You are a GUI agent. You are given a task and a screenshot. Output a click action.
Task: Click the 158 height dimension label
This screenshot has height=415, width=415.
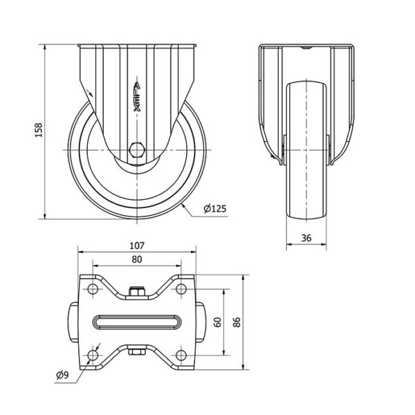[x=39, y=130]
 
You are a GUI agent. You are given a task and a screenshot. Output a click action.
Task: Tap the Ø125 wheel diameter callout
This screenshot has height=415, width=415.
[x=215, y=209]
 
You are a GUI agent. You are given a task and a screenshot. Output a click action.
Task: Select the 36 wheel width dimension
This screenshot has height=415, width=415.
[x=306, y=238]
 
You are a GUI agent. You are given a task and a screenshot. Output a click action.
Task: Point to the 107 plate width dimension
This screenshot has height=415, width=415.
[x=137, y=246]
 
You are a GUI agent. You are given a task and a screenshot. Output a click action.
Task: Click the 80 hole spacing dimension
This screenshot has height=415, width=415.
[x=137, y=259]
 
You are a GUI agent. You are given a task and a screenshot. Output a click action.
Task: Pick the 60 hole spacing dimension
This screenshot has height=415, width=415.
[x=218, y=322]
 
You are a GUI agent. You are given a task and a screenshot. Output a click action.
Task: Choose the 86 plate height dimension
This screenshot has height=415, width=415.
[x=237, y=322]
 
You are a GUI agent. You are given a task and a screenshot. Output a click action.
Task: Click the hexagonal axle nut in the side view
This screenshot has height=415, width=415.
[x=137, y=150]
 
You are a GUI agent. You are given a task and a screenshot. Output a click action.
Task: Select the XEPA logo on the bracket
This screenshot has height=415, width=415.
[x=137, y=97]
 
